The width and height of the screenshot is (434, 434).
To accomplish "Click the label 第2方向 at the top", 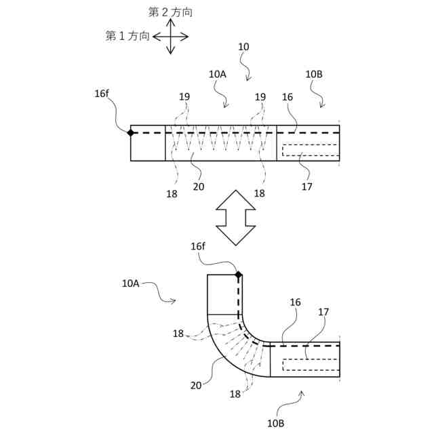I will tap(170, 12).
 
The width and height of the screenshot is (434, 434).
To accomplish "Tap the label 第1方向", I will tap(127, 36).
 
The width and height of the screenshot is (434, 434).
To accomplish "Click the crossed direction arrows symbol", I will tap(170, 36).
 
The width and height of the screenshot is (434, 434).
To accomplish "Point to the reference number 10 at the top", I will tap(243, 47).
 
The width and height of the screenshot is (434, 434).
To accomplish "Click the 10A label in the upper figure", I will tap(217, 75).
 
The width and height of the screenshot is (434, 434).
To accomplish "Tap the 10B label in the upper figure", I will tap(314, 75).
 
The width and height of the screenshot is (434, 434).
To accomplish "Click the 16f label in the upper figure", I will tap(102, 94).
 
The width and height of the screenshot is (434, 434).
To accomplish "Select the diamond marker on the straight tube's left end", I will tap(131, 133).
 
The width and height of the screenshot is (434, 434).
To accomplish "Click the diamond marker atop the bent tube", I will tap(239, 275).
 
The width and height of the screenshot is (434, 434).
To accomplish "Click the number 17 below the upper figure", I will tap(307, 185).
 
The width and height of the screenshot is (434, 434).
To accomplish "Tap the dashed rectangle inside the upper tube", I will tap(309, 150).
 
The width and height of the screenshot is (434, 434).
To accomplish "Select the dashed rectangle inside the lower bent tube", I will tap(309, 364).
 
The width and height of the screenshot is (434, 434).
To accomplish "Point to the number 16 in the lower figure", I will tap(295, 302).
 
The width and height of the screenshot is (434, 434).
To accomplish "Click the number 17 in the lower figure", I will tap(323, 312).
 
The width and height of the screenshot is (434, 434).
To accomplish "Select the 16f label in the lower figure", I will tap(198, 246).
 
